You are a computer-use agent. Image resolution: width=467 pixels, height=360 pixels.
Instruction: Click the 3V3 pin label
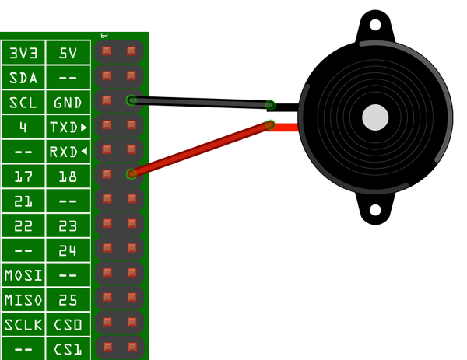point(23,54)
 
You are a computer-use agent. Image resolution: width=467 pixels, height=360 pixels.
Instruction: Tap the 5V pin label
point(68,54)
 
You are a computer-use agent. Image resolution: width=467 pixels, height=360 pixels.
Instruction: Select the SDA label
point(23,79)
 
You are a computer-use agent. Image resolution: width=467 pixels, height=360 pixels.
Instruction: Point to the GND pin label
point(68,103)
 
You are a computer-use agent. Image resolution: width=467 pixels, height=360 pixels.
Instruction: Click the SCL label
point(23,103)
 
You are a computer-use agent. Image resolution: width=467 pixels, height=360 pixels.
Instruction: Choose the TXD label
point(68,127)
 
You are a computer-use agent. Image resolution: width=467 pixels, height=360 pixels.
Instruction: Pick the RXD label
point(68,152)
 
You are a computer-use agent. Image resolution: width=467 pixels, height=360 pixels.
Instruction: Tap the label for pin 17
point(23,177)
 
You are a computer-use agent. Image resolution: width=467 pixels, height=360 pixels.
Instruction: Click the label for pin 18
point(68,177)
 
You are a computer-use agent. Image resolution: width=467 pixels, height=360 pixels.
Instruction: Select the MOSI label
point(23,274)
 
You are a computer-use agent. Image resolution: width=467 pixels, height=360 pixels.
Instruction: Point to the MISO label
point(23,299)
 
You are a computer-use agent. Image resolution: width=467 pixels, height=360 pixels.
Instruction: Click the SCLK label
point(23,323)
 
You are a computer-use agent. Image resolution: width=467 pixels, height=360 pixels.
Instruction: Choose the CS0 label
point(68,323)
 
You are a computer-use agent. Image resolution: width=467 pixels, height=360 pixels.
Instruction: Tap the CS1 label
point(68,348)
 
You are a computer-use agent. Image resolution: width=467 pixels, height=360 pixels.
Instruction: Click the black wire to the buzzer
point(202,102)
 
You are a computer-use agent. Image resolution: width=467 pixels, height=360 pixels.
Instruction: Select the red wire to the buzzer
point(202,149)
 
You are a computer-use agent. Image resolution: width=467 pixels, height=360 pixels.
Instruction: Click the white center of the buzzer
point(374,117)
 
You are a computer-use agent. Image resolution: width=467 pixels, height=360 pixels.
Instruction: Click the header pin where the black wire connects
point(132,100)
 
